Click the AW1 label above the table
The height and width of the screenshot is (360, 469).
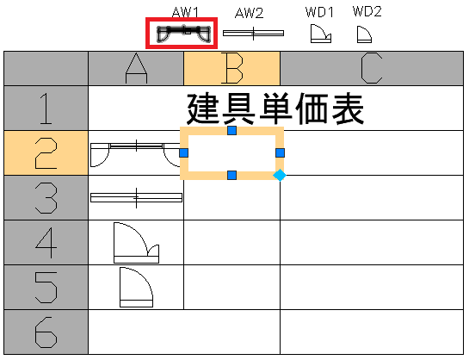coord(185,12)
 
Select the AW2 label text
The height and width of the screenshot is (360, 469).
coord(249,13)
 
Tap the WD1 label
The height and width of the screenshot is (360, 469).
coord(319,12)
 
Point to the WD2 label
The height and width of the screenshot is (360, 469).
coord(367,11)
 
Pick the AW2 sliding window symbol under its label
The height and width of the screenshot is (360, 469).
coord(253,34)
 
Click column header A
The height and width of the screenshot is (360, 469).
coord(136,69)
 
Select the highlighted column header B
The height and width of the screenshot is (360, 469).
coord(231,69)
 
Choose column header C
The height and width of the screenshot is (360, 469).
coord(372,69)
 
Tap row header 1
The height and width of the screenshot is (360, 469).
coord(46,108)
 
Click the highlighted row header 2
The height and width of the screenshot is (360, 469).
coord(46,152)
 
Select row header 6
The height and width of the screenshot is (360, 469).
coord(46,332)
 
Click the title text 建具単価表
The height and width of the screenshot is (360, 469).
coord(275,109)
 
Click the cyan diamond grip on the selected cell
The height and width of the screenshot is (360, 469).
coord(280,175)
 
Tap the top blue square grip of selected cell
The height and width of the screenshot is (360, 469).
coord(231,130)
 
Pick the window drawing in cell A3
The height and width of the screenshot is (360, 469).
coord(136,198)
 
